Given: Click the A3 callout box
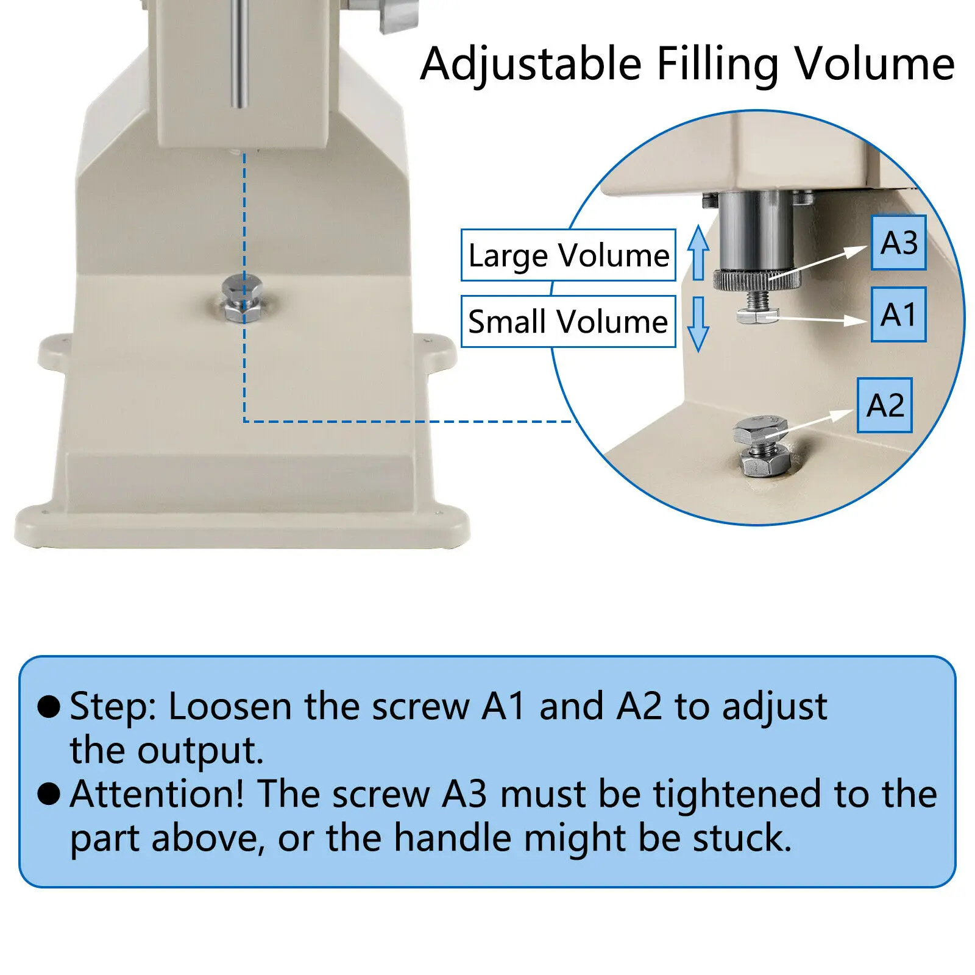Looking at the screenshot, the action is coord(898,243).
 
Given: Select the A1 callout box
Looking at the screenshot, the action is coord(898,314).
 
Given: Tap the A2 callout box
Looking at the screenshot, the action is coord(884,405).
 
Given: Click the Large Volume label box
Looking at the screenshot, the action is coord(568,255).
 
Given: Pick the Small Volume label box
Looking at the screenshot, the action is coord(568,321).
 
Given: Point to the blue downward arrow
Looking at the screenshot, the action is coord(698,324).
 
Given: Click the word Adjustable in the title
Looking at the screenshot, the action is coord(531,64).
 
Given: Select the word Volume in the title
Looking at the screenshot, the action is coord(874,64).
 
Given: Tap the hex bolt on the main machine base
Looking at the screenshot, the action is coord(243,298).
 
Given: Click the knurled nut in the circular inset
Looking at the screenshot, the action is coord(756,281).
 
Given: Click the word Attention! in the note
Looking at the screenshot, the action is coord(157,794).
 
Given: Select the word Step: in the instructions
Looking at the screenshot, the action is coord(113,707).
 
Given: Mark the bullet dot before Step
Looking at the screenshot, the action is coord(49,706).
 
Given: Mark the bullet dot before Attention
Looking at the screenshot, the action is coord(49,793).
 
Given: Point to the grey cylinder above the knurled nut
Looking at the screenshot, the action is coord(756,232).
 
